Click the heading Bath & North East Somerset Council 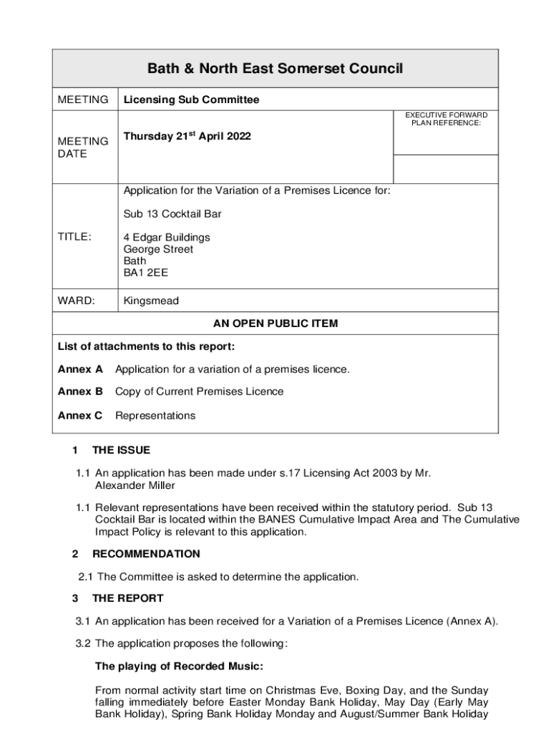pos(275,69)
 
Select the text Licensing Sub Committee pos(191,100)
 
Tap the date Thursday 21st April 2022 pos(187,136)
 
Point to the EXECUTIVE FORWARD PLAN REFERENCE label pos(447,119)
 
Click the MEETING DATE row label pos(82,147)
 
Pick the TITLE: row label pos(74,237)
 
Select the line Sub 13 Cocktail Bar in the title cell pos(172,214)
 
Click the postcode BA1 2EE pos(146,273)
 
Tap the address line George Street pos(158,249)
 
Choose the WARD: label pos(76,301)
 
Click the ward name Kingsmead pos(151,301)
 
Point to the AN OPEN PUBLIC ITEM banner pos(275,324)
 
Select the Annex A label pos(80,369)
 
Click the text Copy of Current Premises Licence pos(199,392)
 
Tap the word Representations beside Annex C pos(155,415)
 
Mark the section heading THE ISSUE pos(121,450)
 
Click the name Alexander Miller pos(135,485)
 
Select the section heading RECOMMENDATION pos(146,554)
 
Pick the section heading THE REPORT pos(127,598)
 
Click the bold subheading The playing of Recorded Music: pos(179,666)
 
